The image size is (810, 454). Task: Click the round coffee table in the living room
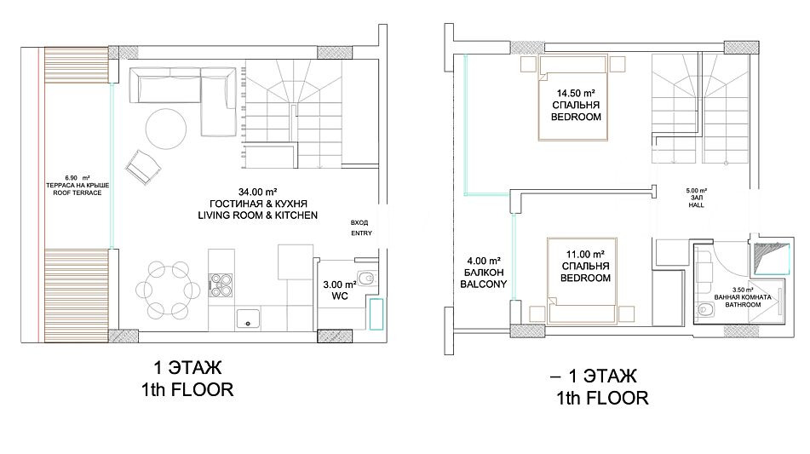coord(166,129)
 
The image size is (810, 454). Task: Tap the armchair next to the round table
coord(142,167)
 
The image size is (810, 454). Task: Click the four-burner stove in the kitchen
coord(221,285)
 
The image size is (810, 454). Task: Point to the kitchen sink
coord(249,319)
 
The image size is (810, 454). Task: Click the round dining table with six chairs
coord(168,290)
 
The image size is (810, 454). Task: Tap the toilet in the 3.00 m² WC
coord(366,279)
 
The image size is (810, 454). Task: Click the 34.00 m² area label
coord(258,193)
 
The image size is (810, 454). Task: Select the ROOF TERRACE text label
coord(78,193)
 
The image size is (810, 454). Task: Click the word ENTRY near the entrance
coord(362,233)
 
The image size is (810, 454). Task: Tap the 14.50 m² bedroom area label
coord(576,94)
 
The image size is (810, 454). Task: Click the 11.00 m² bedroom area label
coord(585,255)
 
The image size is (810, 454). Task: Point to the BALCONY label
coord(484,284)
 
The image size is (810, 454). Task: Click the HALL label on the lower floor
coord(697,205)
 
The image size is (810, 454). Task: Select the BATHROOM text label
coord(743,305)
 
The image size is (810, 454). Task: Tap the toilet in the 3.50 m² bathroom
coord(705,310)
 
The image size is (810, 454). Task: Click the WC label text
coord(340,296)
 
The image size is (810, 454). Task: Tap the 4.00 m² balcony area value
coord(484,261)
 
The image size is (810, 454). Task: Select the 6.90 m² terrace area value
coord(78,178)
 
